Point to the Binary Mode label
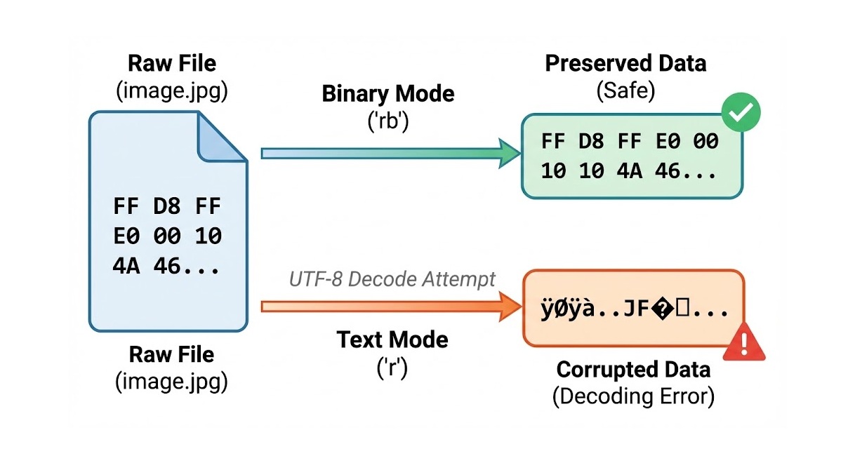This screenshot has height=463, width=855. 387,94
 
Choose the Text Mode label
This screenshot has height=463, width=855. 392,340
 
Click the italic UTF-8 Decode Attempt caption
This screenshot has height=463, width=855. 392,279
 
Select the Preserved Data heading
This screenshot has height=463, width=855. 625,64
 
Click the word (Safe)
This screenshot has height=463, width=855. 625,90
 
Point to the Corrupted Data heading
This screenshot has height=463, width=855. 633,369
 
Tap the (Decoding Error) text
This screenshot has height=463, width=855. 633,396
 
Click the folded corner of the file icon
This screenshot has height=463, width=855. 221,138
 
